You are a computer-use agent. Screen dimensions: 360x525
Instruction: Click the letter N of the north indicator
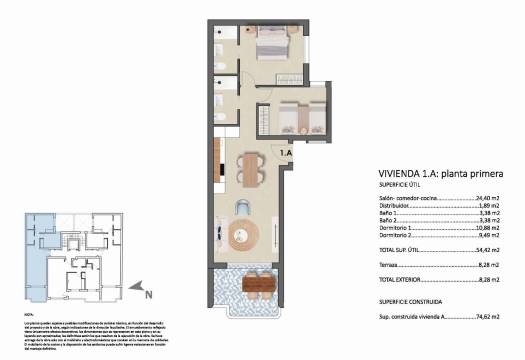pyautogui.click(x=149, y=294)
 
